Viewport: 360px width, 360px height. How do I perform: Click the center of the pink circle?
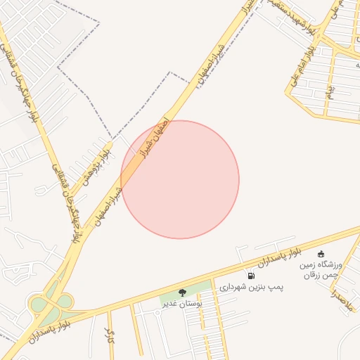180,179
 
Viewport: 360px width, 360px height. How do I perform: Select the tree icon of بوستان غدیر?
182,292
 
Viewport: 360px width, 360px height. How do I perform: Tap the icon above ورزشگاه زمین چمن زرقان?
321,254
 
